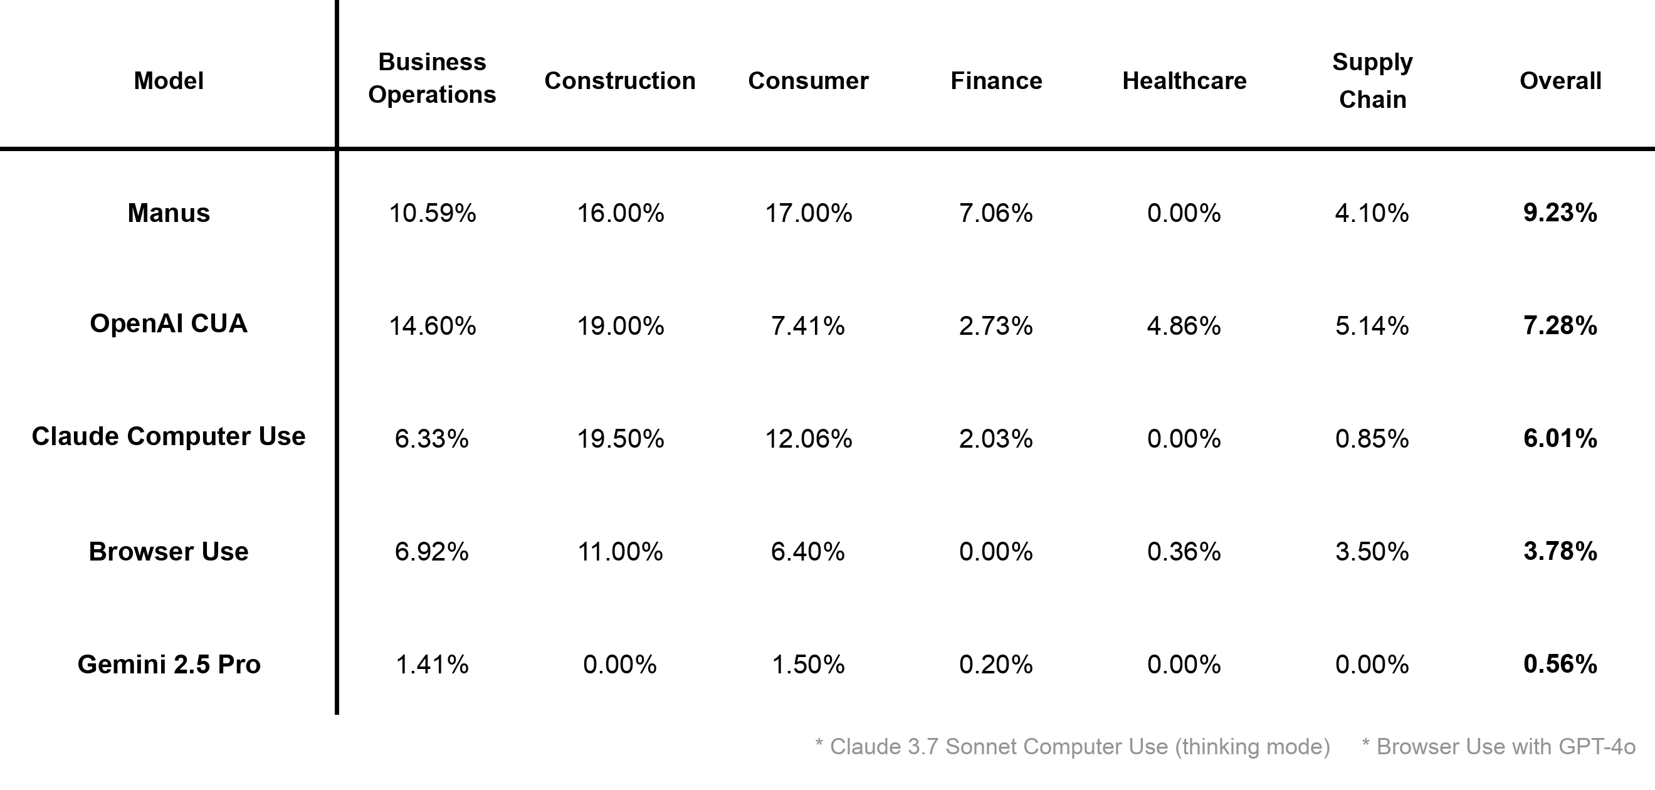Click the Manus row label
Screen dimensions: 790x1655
[x=169, y=213]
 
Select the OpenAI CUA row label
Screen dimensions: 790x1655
[x=169, y=324]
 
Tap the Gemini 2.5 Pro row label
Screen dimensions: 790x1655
[x=169, y=664]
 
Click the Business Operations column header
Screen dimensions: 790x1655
[x=432, y=78]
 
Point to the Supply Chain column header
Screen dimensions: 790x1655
[x=1372, y=80]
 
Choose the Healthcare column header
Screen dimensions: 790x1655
[x=1184, y=81]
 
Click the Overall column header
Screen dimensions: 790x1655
[x=1560, y=81]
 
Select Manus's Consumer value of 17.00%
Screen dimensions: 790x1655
[x=808, y=213]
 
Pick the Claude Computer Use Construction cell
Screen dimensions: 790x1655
[x=620, y=438]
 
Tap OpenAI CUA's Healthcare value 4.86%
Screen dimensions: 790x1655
[x=1184, y=326]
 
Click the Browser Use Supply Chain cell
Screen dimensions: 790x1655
[x=1372, y=552]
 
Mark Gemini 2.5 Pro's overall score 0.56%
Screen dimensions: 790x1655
[x=1560, y=664]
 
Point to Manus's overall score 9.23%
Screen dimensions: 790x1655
[x=1560, y=213]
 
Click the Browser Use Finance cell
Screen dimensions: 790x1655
[x=996, y=552]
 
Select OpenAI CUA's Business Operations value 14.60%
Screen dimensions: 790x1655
[x=433, y=326]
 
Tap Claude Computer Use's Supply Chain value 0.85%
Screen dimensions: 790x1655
[x=1372, y=438]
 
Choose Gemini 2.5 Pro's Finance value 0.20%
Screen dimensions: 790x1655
[x=996, y=664]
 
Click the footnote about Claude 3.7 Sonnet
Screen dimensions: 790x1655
[x=1072, y=746]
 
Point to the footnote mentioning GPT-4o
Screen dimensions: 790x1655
[x=1498, y=746]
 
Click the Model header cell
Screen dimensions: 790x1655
[x=169, y=81]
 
